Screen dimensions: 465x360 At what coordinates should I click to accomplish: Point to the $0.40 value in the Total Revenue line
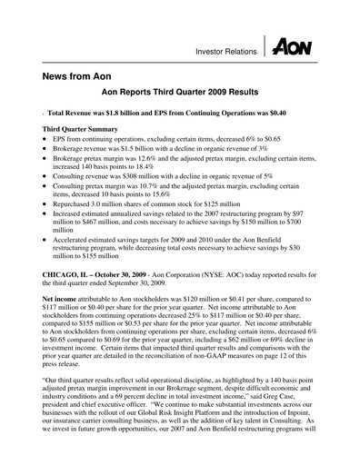[274, 116]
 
